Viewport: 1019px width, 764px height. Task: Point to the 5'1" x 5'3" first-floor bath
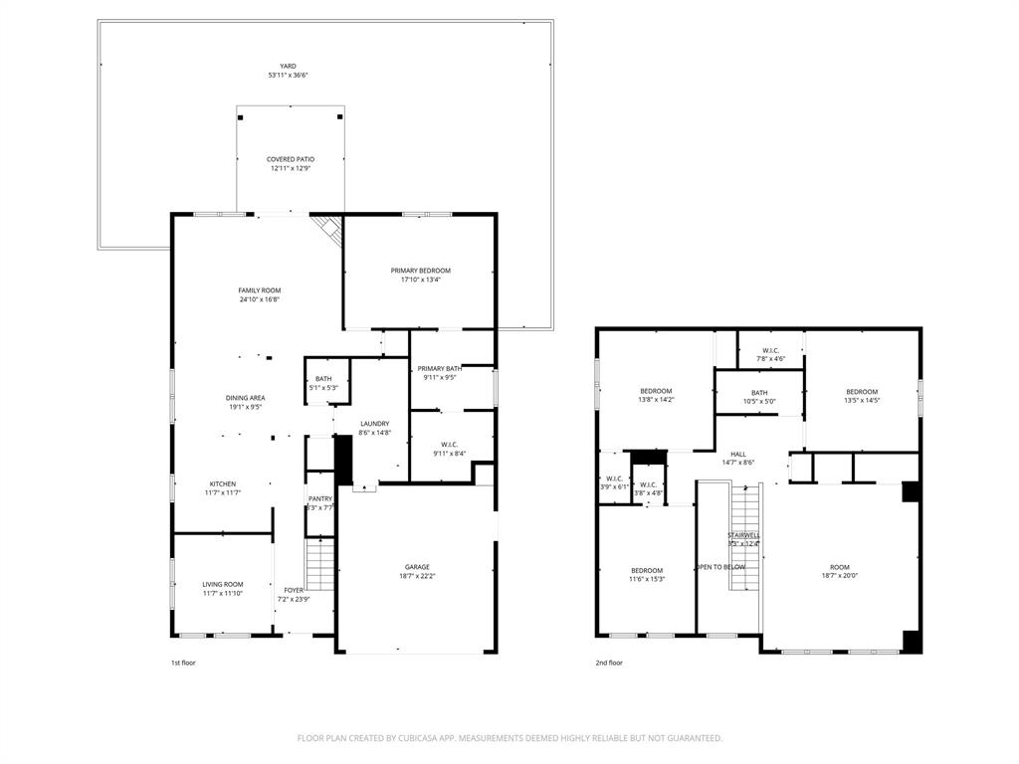click(324, 383)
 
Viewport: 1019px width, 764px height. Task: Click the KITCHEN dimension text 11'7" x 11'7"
click(223, 492)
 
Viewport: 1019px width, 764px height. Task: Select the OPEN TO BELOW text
click(720, 567)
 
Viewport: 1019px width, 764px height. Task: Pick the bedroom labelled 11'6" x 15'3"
click(646, 574)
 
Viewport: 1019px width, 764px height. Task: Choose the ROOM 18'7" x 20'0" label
click(839, 571)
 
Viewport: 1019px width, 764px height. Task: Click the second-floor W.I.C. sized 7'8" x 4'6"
click(770, 354)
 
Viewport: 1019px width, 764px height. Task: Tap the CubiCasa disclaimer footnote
click(509, 738)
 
